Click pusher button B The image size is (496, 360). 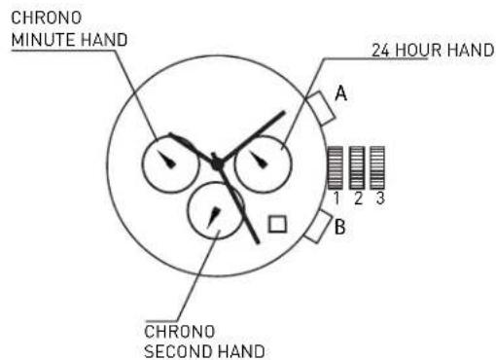tap(319, 230)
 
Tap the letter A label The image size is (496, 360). tap(342, 93)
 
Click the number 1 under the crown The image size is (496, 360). tap(335, 198)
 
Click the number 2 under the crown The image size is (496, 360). tap(356, 198)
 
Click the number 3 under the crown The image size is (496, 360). tap(377, 198)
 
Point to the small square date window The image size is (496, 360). tap(278, 224)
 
